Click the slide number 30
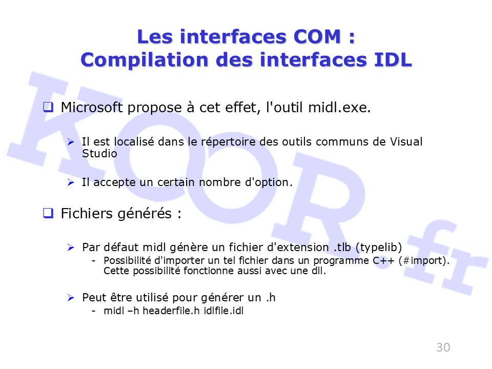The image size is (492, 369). (x=443, y=347)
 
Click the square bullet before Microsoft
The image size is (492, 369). (x=48, y=107)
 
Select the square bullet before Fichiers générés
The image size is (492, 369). (x=48, y=213)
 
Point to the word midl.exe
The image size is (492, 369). (x=339, y=107)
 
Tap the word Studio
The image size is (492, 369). (x=99, y=153)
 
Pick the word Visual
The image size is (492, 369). (x=406, y=141)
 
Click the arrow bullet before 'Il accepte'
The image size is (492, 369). (x=71, y=182)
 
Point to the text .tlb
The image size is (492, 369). (x=342, y=247)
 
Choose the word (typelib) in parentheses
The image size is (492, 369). (x=379, y=248)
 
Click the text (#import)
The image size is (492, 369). (x=424, y=261)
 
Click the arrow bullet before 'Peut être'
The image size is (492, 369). (x=71, y=297)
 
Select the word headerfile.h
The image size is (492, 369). (x=171, y=311)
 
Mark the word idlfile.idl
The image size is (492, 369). (x=223, y=311)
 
